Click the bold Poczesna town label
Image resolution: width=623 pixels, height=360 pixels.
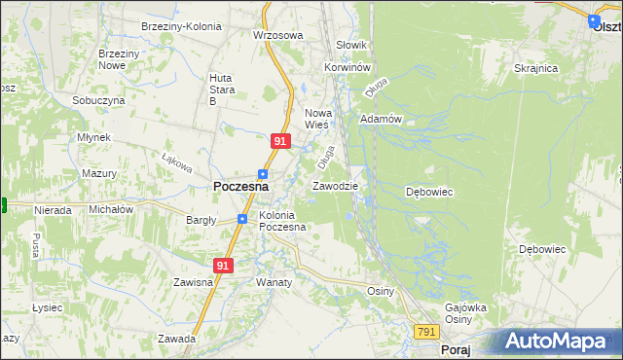tap(240, 187)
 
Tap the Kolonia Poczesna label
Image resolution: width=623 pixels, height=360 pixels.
tap(282, 221)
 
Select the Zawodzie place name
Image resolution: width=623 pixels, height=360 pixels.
tap(335, 186)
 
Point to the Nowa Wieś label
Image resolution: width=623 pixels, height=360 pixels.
tap(318, 118)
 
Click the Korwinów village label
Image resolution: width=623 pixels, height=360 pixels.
tap(348, 67)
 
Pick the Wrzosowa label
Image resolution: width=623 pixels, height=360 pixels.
tap(278, 35)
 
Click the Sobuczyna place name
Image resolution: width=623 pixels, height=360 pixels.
tap(98, 100)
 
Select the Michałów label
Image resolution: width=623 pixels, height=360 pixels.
tap(110, 209)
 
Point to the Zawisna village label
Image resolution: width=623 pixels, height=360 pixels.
tap(193, 282)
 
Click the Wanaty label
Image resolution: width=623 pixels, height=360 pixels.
tap(274, 282)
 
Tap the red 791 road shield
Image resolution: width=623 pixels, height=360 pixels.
tap(425, 332)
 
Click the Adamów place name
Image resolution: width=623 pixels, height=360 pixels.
tap(381, 119)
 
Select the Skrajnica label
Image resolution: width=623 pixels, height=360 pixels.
tap(535, 68)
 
